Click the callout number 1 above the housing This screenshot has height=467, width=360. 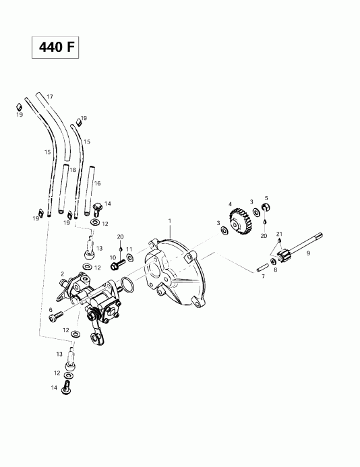170,220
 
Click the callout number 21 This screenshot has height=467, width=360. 279,233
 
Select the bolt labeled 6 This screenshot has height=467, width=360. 57,313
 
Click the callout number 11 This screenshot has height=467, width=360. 129,249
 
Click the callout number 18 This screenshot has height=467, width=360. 72,170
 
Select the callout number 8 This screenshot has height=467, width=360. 275,270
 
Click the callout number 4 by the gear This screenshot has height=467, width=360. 230,204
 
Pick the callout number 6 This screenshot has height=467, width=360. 51,310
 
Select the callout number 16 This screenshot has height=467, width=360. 97,183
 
